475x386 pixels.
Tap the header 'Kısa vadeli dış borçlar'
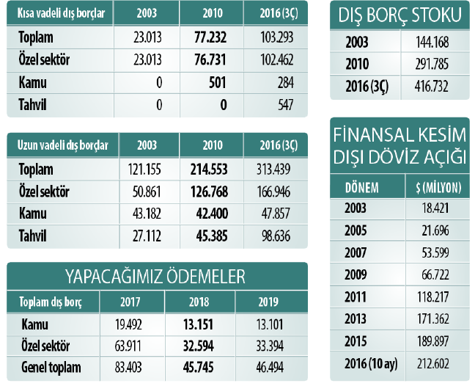click(x=60, y=13)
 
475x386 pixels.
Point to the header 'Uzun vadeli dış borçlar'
click(x=62, y=145)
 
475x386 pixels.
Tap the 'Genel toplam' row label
click(x=50, y=368)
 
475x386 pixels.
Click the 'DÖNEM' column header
click(x=362, y=186)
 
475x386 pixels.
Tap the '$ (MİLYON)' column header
click(x=434, y=186)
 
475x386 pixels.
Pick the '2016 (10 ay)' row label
click(x=368, y=364)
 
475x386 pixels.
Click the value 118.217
click(x=439, y=297)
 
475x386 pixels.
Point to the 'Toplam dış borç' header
click(x=51, y=301)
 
